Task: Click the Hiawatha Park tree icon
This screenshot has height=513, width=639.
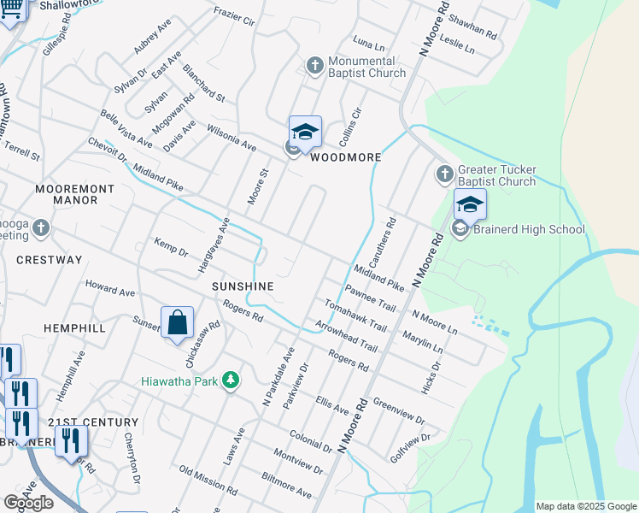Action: coord(230,379)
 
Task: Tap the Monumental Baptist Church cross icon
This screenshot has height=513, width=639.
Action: coord(314,65)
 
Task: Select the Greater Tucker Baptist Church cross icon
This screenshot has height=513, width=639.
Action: coord(444,174)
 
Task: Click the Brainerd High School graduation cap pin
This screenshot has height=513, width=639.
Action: coord(469,206)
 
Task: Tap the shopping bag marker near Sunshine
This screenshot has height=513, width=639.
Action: coord(177,323)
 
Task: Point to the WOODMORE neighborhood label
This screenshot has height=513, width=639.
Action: coord(345,157)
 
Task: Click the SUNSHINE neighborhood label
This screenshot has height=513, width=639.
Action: coord(243,286)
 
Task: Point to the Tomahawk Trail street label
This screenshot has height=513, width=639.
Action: coord(355,316)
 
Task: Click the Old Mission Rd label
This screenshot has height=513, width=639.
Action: coord(208,481)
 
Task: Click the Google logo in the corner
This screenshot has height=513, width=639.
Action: coord(28,503)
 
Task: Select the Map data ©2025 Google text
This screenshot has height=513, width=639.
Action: coord(586,506)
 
